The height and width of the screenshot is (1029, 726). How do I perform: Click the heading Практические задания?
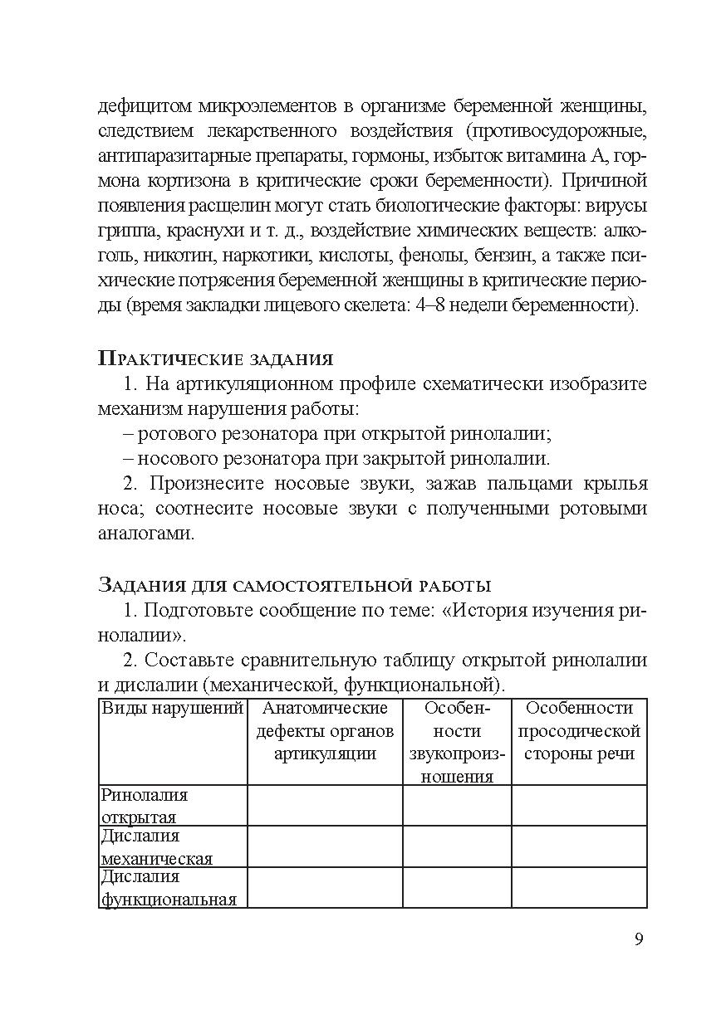coord(215,358)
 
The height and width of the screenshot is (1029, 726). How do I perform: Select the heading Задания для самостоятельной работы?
coord(295,585)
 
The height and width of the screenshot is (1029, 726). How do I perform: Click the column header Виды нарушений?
coord(172,709)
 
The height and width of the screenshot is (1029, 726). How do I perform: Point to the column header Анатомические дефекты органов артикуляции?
coord(325,731)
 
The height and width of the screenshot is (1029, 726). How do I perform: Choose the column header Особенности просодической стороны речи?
coord(579,731)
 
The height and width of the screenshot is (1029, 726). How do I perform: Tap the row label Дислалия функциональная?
coord(168,887)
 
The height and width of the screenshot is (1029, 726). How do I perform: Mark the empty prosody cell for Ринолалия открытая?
coord(579,806)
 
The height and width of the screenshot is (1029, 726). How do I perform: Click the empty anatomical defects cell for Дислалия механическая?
coord(325,846)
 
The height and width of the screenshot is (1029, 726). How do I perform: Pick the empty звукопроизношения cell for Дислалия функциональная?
coord(457,887)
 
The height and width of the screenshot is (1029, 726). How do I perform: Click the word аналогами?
coord(145,533)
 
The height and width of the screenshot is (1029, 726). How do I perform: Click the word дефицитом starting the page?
coord(145,105)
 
